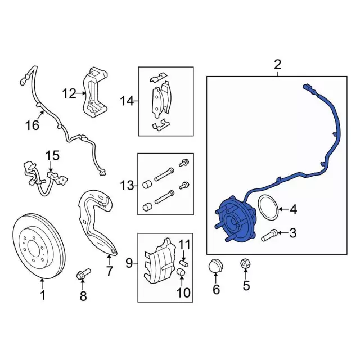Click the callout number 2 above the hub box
pyautogui.click(x=277, y=65)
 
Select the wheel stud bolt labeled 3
pyautogui.click(x=269, y=235)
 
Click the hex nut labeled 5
pyautogui.click(x=245, y=264)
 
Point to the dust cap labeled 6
pyautogui.click(x=215, y=267)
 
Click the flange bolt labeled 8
pyautogui.click(x=83, y=274)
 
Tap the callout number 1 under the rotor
pyautogui.click(x=43, y=295)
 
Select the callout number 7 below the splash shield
pyautogui.click(x=109, y=271)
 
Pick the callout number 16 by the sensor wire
pyautogui.click(x=33, y=125)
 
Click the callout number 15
pyautogui.click(x=53, y=155)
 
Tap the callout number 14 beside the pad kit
pyautogui.click(x=127, y=101)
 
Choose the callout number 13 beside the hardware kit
pyautogui.click(x=127, y=185)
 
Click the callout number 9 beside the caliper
pyautogui.click(x=129, y=263)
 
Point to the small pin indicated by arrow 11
pyautogui.click(x=184, y=263)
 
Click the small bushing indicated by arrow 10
pyautogui.click(x=181, y=272)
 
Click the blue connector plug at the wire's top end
pyautogui.click(x=307, y=88)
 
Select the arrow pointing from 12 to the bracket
pyautogui.click(x=80, y=93)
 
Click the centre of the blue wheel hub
pyautogui.click(x=232, y=222)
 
